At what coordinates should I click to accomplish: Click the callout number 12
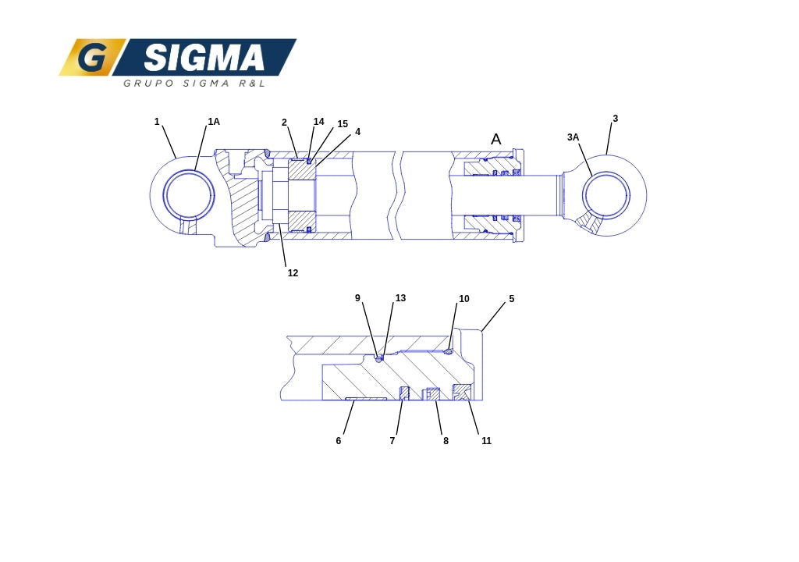click(x=293, y=273)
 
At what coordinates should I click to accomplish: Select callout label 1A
click(x=214, y=122)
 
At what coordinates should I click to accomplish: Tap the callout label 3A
click(x=573, y=137)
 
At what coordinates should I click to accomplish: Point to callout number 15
click(x=343, y=124)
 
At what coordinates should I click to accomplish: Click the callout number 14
click(x=318, y=122)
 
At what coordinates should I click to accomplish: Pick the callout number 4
click(x=357, y=132)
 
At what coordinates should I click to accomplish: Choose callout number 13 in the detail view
click(x=400, y=298)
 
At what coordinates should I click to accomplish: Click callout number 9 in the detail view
click(x=357, y=298)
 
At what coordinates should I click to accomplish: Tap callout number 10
click(x=463, y=300)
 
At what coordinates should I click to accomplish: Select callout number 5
click(x=512, y=300)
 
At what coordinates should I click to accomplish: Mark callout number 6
click(x=339, y=441)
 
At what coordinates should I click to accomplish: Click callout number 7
click(x=392, y=441)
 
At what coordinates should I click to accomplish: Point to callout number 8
click(x=446, y=441)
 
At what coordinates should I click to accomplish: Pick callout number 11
click(x=486, y=441)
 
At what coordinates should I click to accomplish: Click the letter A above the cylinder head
click(x=495, y=139)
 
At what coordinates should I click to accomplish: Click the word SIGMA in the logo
click(x=204, y=57)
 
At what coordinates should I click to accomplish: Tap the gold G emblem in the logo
click(x=92, y=57)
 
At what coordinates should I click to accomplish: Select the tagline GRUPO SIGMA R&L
click(x=194, y=83)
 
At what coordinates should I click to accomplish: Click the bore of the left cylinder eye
click(x=189, y=195)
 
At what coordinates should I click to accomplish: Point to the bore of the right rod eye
click(x=606, y=195)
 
